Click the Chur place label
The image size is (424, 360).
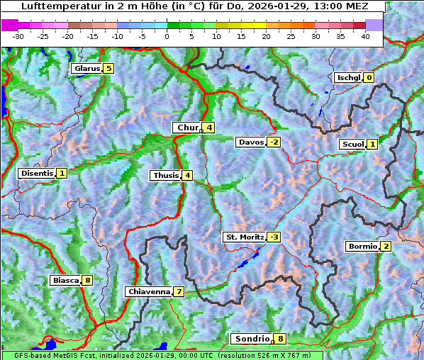[188, 128]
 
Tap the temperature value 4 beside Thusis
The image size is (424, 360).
[186, 175]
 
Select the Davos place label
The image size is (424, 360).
[251, 142]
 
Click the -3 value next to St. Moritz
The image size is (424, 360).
[274, 237]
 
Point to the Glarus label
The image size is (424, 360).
[86, 69]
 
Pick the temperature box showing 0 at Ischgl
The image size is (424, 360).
[369, 77]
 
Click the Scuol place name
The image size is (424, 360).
[352, 144]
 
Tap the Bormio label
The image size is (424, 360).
[362, 247]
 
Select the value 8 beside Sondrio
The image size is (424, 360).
[281, 339]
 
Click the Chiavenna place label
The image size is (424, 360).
[149, 291]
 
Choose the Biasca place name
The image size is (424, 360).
[66, 280]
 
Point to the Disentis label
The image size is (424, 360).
[37, 173]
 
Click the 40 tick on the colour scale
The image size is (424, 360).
[365, 35]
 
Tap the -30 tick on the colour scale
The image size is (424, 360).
[18, 35]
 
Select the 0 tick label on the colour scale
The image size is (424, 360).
[167, 35]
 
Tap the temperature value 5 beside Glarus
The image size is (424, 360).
[108, 69]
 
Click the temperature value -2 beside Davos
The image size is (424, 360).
[274, 142]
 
